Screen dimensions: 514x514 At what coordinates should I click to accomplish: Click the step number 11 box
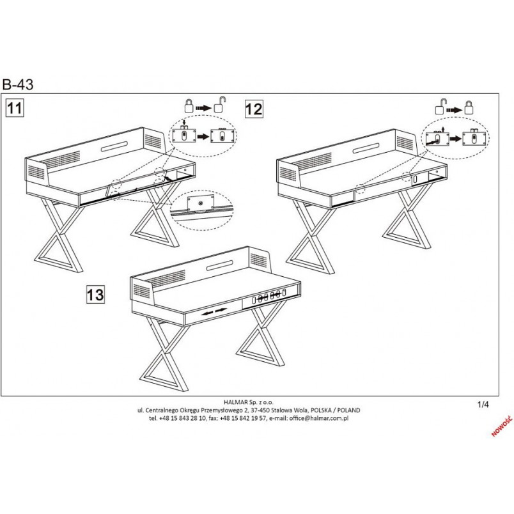(x=15, y=108)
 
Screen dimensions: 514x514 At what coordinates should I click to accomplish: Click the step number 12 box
(x=254, y=109)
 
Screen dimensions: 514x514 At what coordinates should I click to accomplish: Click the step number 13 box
(x=95, y=294)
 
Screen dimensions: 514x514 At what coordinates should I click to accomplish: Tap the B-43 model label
(x=18, y=84)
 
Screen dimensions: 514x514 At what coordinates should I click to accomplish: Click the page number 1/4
(x=483, y=405)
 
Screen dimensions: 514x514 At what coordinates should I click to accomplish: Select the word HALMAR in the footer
(x=235, y=402)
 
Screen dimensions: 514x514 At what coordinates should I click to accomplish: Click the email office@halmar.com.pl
(x=318, y=418)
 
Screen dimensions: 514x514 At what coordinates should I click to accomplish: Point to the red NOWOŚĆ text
(x=502, y=427)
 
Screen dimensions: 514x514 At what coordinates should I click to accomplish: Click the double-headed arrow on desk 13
(x=214, y=311)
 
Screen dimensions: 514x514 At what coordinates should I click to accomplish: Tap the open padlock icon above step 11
(x=220, y=105)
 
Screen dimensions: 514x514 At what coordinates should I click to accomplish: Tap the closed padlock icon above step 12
(x=469, y=107)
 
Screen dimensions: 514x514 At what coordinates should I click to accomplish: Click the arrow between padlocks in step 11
(x=203, y=108)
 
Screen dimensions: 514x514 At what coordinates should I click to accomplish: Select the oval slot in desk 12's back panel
(x=366, y=148)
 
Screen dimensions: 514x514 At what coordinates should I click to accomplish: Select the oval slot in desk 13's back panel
(x=220, y=265)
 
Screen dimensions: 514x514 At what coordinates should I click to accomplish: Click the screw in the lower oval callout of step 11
(x=199, y=202)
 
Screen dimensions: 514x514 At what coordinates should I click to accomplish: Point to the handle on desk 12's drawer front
(x=415, y=180)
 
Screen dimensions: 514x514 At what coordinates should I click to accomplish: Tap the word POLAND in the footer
(x=349, y=410)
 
